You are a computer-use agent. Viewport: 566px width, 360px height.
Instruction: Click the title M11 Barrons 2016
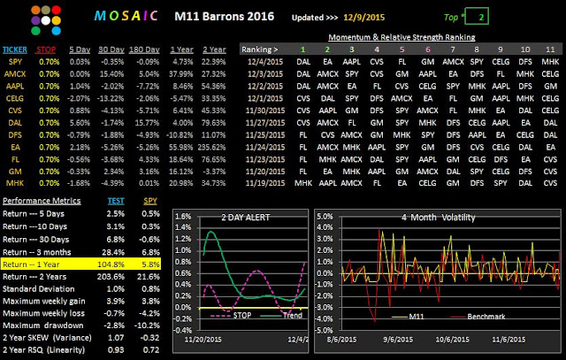click(225, 17)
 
